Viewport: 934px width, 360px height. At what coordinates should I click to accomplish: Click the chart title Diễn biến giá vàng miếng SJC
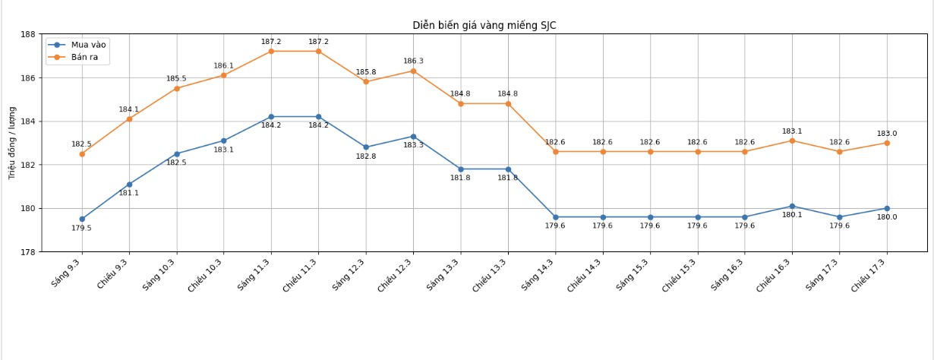484,25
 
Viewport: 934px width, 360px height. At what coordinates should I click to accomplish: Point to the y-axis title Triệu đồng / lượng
12,143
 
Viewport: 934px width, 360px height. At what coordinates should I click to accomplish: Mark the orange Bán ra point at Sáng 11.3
271,51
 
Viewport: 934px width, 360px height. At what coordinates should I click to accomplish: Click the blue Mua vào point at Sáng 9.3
82,219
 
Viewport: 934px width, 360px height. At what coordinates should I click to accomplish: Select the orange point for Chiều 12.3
413,71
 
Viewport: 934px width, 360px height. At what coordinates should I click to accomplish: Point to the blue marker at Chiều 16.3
792,206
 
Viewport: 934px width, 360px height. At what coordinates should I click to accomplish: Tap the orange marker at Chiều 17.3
887,143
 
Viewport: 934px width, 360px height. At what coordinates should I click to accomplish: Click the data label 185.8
366,72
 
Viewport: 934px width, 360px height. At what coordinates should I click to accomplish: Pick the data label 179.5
81,228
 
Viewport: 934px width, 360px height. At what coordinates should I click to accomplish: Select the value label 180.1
792,215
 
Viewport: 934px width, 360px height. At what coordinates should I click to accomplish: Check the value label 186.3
413,62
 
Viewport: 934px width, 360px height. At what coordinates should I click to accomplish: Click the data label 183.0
887,134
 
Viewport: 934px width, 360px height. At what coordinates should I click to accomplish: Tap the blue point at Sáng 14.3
555,217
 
